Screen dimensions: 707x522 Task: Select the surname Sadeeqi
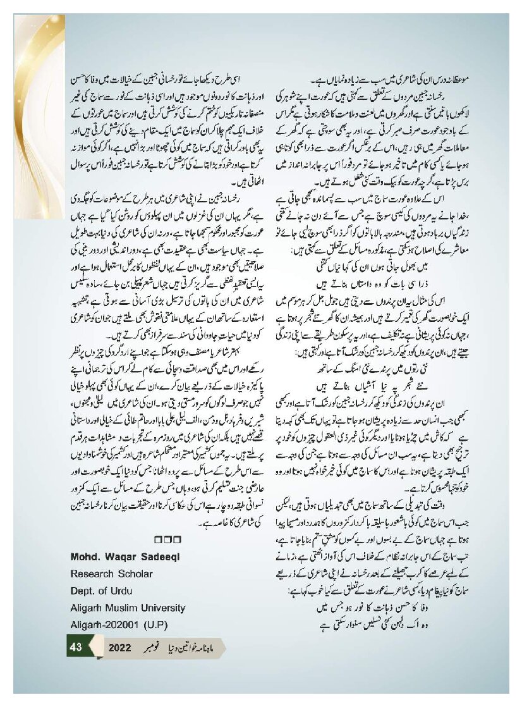(x=162, y=556)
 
